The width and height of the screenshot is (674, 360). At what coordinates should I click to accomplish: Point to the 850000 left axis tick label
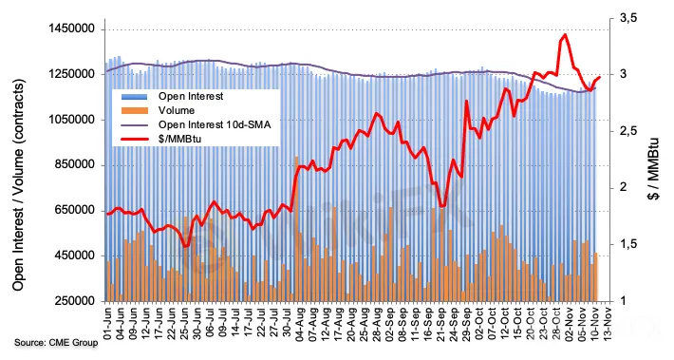(73, 164)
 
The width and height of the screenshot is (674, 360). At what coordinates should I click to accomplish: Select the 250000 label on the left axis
(73, 301)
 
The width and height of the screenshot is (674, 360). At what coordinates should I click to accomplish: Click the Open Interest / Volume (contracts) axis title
(18, 184)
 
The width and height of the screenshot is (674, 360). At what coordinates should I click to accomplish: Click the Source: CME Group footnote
(56, 343)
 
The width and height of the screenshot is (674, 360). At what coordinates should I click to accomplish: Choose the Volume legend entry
(177, 110)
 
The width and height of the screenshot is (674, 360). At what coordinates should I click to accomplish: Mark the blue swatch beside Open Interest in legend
(134, 96)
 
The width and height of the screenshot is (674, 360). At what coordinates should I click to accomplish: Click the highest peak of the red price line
(565, 35)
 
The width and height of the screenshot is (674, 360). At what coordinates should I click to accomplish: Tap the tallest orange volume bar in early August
(296, 228)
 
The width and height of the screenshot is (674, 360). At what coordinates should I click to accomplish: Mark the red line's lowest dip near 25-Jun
(186, 246)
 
